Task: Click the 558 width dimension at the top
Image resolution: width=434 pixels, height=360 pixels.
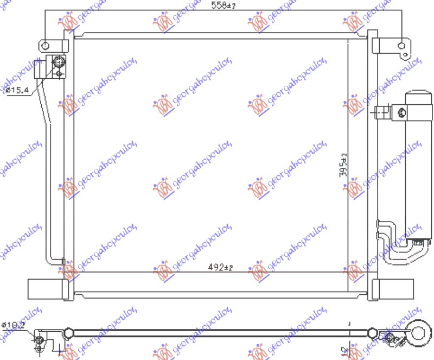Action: tap(221, 7)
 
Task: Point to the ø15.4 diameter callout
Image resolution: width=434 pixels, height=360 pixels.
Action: tap(17, 90)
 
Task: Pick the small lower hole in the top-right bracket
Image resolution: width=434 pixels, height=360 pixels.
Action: tap(403, 55)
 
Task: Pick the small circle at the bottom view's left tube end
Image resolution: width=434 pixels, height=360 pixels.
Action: tap(68, 332)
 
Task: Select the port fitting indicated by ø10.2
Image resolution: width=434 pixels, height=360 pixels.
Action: tap(39, 340)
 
